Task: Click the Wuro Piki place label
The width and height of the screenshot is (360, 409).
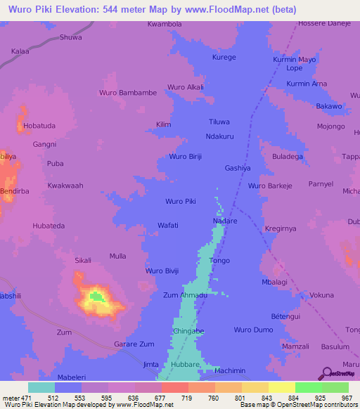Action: [x=180, y=202]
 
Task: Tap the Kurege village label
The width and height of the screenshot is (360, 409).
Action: [x=224, y=57]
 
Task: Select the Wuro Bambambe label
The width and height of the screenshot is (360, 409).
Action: [x=128, y=93]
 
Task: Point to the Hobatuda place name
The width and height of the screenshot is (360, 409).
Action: [x=39, y=126]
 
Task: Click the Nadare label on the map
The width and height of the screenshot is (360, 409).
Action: [x=225, y=221]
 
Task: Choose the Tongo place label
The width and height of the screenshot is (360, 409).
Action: [x=220, y=261]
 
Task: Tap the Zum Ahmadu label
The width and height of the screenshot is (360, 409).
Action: [x=185, y=296]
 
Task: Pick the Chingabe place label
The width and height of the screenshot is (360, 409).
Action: [x=189, y=331]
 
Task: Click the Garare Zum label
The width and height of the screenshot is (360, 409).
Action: [x=134, y=344]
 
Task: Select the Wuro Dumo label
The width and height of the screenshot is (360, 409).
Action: [x=253, y=330]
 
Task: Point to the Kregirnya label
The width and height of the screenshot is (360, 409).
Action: [x=281, y=229]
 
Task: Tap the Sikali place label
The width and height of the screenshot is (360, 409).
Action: [x=83, y=260]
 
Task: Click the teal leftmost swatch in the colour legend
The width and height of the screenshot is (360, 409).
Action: [x=41, y=388]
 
